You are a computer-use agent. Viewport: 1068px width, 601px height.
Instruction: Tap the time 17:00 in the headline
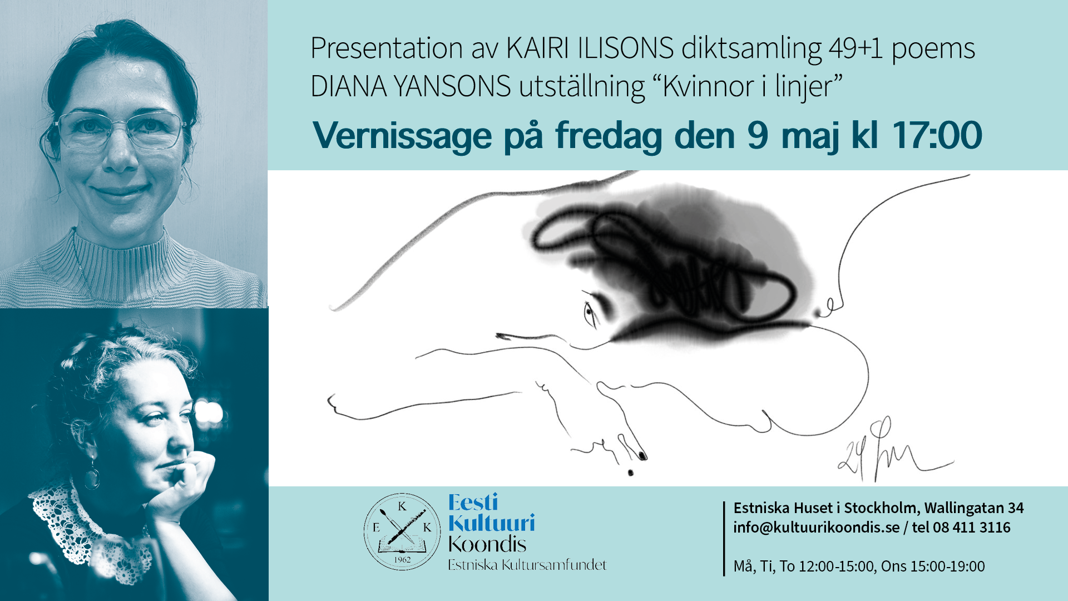pos(937,135)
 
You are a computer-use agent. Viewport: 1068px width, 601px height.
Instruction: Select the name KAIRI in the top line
pos(537,48)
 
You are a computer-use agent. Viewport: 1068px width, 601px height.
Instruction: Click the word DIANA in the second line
pos(348,86)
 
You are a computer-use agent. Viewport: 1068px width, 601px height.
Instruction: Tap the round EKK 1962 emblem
pos(402,531)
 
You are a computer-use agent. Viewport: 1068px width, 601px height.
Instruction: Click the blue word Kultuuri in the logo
pos(492,523)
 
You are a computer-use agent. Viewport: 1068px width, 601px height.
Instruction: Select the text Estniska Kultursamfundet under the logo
pos(527,565)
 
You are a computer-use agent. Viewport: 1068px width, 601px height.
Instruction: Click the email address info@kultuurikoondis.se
pos(816,528)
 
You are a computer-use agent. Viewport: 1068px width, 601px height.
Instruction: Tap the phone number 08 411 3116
pos(971,527)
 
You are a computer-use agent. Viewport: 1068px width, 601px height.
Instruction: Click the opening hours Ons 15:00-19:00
pos(933,566)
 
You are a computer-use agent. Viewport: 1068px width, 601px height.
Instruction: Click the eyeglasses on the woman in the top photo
pos(121,130)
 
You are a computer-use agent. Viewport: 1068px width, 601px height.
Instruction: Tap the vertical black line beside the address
pos(724,538)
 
